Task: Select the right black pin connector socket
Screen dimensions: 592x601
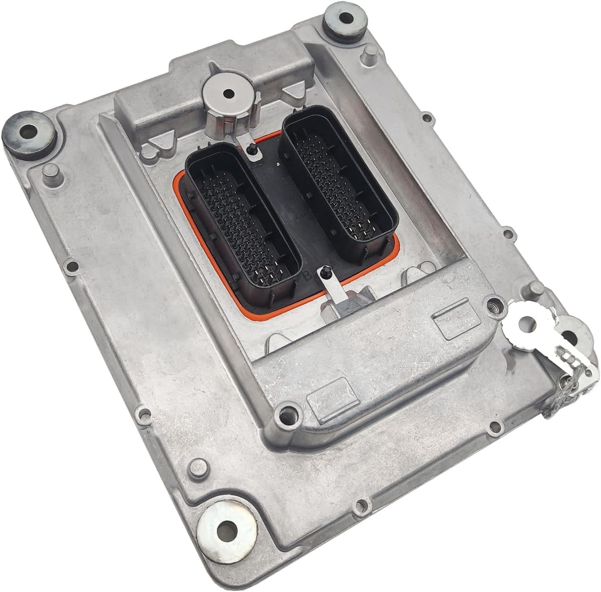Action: pyautogui.click(x=339, y=174)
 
